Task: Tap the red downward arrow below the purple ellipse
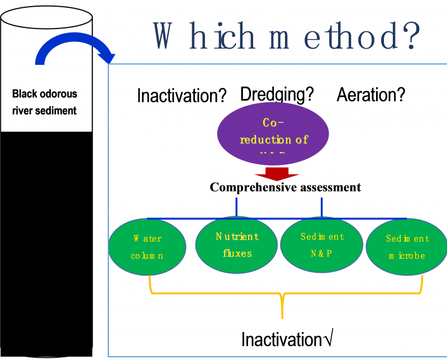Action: [x=277, y=173]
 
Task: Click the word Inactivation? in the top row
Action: [x=182, y=96]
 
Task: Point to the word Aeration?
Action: [x=370, y=95]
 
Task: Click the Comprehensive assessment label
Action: [x=285, y=187]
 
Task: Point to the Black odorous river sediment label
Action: [x=45, y=102]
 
